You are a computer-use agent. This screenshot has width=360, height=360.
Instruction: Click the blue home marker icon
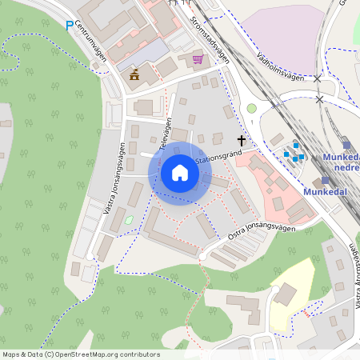[179, 173]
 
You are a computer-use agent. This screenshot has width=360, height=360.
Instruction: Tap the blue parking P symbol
[70, 26]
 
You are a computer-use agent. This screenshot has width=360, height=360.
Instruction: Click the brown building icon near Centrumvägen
[134, 74]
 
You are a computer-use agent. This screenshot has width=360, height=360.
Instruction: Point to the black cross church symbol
[241, 141]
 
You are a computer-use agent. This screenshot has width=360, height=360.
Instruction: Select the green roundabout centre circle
[251, 108]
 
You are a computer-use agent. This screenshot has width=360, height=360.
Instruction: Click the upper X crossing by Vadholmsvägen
[318, 79]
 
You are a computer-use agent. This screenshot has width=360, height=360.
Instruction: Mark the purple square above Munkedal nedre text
[346, 144]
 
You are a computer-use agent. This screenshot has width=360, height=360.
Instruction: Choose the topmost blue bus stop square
[295, 146]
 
